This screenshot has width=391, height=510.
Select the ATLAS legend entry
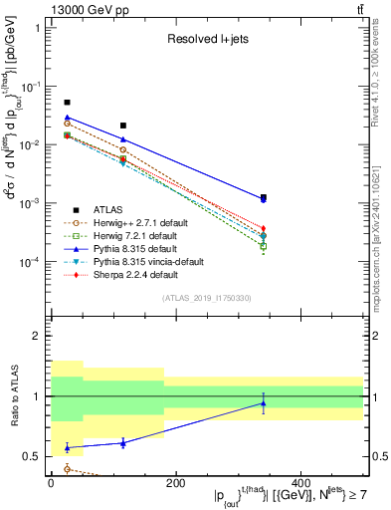coord(100,209)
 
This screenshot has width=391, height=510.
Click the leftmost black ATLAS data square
coord(67,103)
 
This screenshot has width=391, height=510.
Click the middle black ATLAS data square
coord(123,126)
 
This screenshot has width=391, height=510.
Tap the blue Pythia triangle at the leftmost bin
coord(67,118)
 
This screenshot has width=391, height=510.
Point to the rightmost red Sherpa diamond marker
coord(263,229)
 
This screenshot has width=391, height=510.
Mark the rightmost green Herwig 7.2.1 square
coord(263,245)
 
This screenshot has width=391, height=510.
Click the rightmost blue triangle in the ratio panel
coord(263,403)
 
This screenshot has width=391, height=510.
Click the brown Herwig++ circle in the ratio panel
coord(67,468)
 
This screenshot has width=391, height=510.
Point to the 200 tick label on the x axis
coord(175,483)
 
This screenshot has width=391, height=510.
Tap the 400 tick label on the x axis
coord(299,483)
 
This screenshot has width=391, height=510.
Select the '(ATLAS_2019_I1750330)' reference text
coord(206,298)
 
